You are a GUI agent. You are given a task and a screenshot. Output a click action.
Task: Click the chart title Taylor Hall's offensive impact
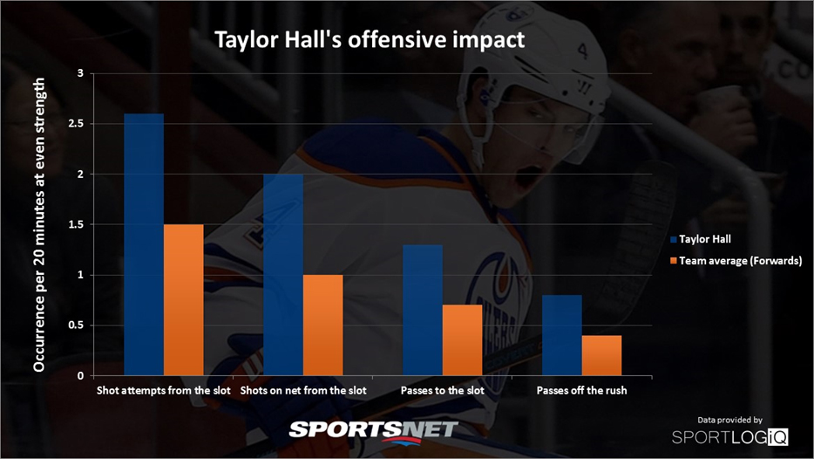[370, 40]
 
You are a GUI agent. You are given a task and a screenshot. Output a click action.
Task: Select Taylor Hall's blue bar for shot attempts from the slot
[144, 244]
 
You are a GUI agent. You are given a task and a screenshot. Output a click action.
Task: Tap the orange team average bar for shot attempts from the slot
[184, 300]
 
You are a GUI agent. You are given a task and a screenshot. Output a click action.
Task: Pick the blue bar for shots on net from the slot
[283, 275]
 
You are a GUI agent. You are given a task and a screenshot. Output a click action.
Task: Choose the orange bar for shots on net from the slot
[323, 325]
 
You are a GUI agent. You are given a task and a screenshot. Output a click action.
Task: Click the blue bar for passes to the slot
[423, 310]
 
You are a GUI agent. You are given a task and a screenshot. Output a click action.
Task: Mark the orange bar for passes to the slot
[463, 340]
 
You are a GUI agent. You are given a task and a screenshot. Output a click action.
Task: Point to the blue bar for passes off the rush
[562, 335]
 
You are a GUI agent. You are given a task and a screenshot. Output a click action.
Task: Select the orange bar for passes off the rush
[601, 355]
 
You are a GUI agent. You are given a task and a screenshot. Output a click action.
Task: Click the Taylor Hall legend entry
[701, 239]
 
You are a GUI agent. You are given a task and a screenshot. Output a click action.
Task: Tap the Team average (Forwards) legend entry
[736, 260]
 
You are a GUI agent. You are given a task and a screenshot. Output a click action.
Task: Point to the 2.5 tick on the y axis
[77, 124]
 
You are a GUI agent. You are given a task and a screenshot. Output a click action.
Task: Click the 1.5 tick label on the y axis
[77, 224]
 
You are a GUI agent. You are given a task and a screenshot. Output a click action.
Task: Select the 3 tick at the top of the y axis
[80, 73]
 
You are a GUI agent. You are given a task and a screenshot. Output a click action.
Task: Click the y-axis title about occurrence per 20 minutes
[39, 224]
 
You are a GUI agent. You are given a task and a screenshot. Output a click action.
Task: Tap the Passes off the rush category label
[581, 390]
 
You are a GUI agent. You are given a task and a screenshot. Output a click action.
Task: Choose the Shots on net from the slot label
[303, 390]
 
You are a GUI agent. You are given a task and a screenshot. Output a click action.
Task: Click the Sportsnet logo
[374, 431]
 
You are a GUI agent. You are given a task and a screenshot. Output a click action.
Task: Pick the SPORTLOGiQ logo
[730, 436]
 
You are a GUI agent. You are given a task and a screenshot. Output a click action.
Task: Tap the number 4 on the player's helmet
[582, 51]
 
